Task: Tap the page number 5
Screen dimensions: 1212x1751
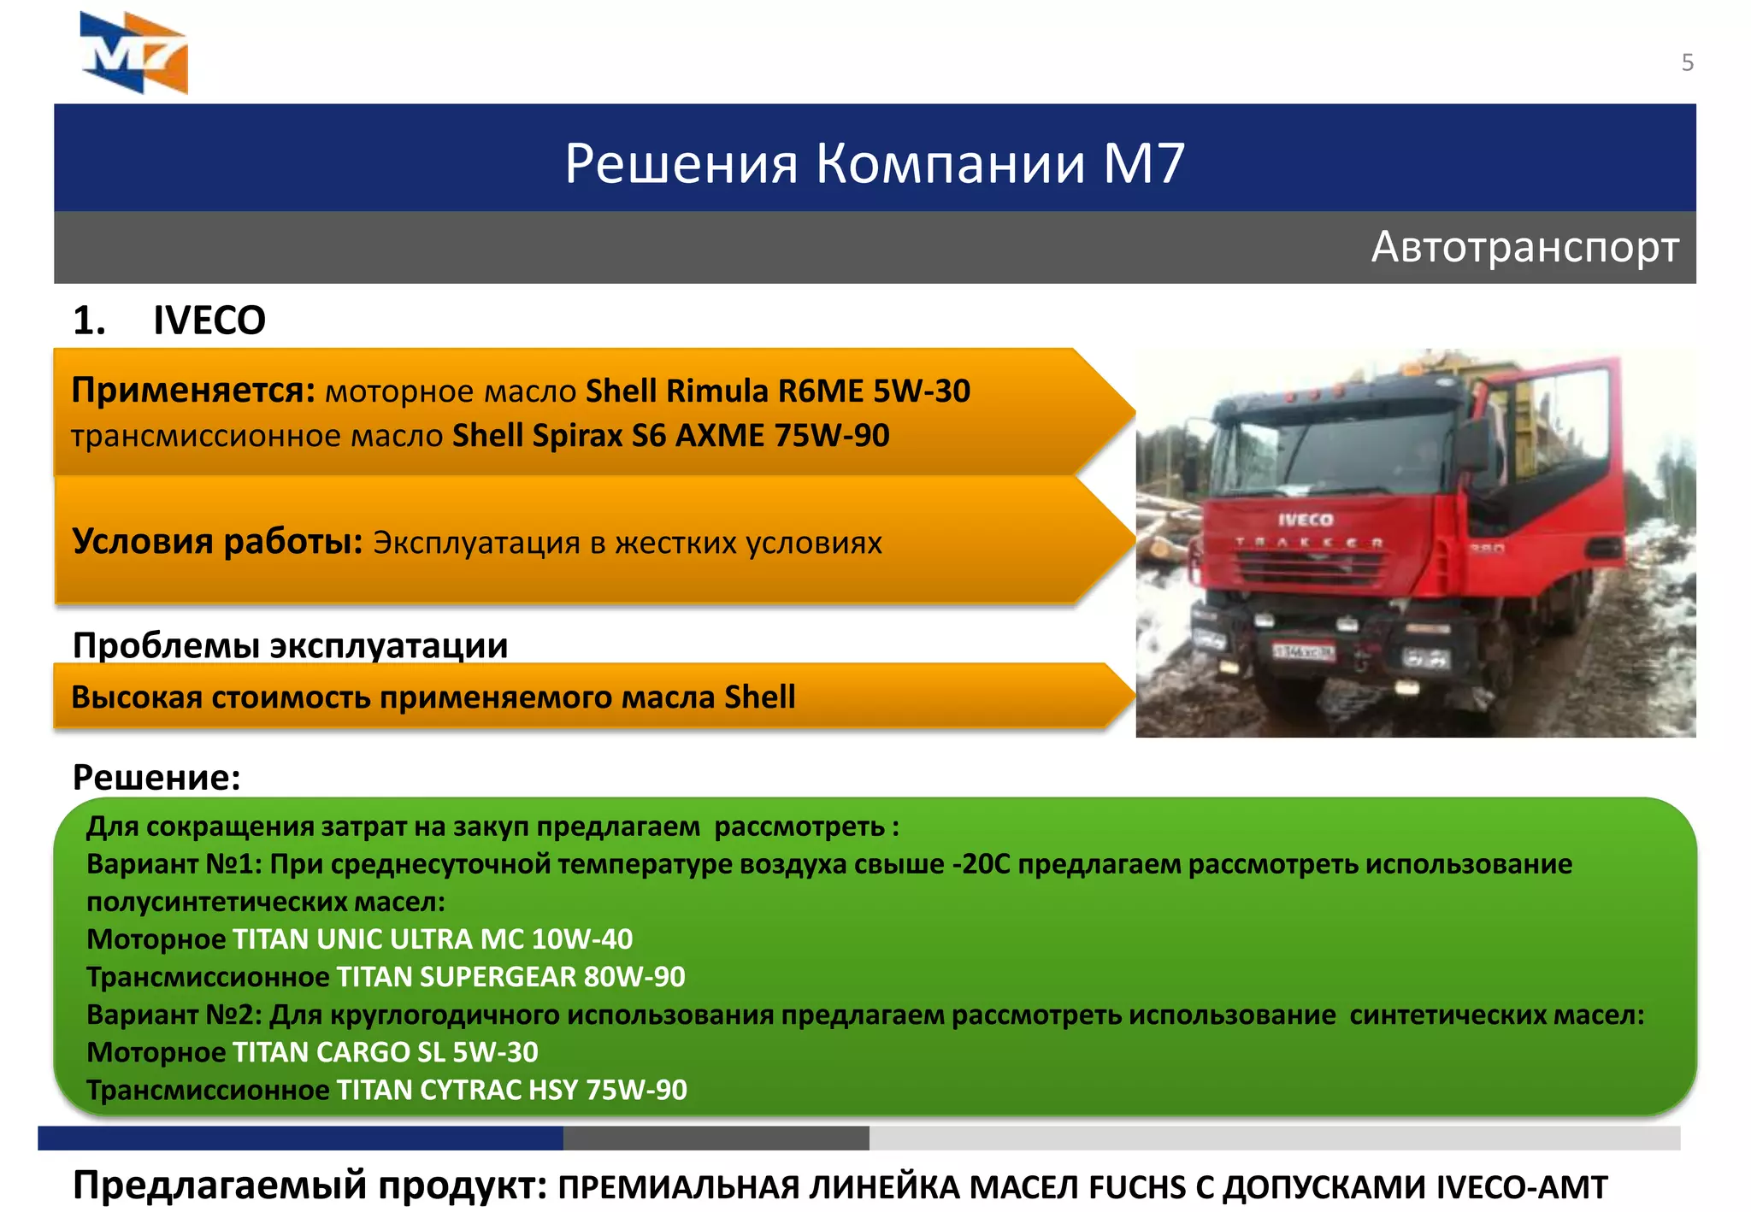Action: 1687,62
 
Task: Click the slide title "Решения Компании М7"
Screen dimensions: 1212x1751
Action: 874,162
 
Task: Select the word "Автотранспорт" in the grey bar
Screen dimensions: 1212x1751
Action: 1524,247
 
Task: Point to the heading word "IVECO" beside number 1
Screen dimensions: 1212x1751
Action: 209,321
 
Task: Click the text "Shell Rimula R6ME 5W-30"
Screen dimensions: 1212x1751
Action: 777,391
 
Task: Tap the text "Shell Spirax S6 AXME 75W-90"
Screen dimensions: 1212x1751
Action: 670,436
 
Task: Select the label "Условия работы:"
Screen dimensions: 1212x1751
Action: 217,541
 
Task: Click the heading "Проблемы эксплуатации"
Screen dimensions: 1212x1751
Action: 290,644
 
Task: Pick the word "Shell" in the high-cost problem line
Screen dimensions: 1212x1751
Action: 759,697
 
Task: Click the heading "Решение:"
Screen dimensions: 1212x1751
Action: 156,777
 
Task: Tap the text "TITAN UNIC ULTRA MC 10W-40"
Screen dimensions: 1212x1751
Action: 433,939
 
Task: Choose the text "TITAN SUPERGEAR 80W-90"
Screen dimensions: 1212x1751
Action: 510,977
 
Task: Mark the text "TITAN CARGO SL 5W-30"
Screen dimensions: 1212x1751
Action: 385,1052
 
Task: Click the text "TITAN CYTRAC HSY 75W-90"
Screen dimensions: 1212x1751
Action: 511,1090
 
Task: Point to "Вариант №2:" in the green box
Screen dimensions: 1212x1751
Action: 174,1015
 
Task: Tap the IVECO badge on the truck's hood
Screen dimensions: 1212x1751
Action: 1306,520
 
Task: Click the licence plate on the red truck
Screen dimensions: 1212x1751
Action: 1303,652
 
